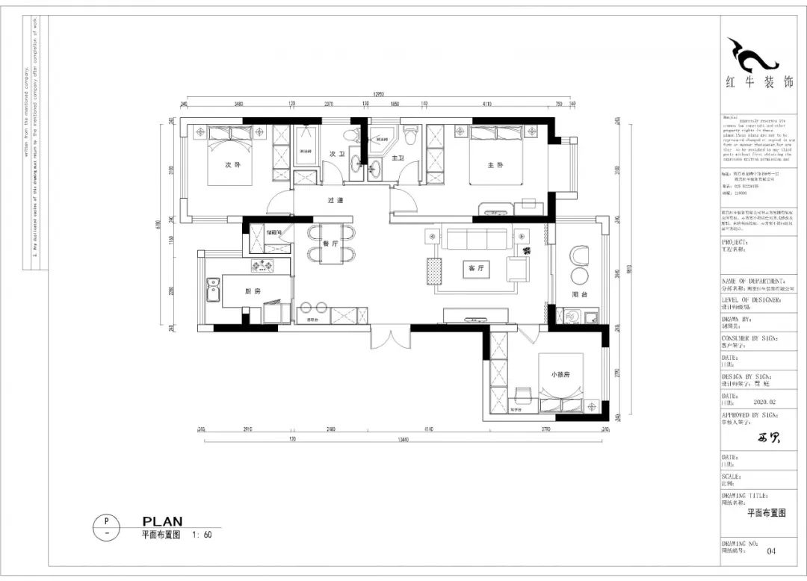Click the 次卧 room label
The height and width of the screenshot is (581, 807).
click(x=232, y=165)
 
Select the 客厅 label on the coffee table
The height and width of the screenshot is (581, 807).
click(x=472, y=267)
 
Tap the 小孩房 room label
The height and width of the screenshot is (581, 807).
click(x=561, y=374)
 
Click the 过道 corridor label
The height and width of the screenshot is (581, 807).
click(x=335, y=200)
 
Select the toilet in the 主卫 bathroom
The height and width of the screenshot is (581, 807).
click(x=409, y=135)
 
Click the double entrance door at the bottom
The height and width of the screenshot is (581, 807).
click(x=390, y=340)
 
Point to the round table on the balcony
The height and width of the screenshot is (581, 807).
click(x=580, y=256)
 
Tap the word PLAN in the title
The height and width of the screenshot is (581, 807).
click(x=162, y=521)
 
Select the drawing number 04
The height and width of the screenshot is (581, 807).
click(x=772, y=551)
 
